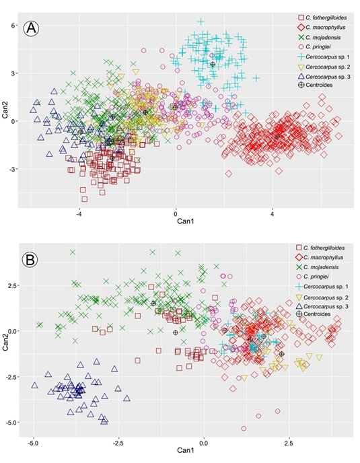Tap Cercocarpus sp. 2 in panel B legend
325,296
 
